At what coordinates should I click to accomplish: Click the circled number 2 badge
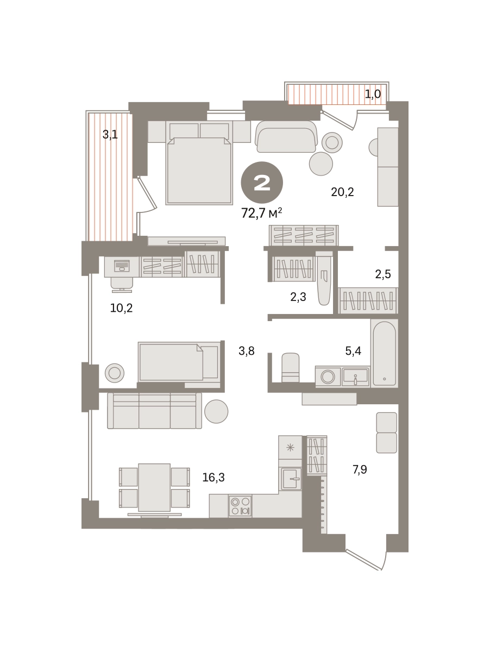click(262, 183)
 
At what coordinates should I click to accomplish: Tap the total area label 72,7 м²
click(261, 212)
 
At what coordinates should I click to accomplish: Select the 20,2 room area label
click(342, 192)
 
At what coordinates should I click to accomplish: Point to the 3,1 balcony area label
click(110, 135)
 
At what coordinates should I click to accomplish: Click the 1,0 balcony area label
click(373, 94)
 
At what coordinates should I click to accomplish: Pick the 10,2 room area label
click(121, 308)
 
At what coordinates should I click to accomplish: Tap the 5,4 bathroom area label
click(353, 351)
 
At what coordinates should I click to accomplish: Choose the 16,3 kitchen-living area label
click(213, 478)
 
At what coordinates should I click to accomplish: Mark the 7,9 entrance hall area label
click(360, 469)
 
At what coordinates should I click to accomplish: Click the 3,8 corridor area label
click(247, 351)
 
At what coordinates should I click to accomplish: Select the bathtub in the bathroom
click(384, 353)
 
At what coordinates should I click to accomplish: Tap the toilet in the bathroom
click(290, 367)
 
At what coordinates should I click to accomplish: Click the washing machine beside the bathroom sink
click(328, 377)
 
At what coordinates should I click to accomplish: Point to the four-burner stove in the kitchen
click(240, 506)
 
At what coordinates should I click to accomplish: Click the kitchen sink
click(290, 478)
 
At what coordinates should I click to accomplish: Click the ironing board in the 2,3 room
click(324, 278)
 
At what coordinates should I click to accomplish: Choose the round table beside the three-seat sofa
click(217, 411)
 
